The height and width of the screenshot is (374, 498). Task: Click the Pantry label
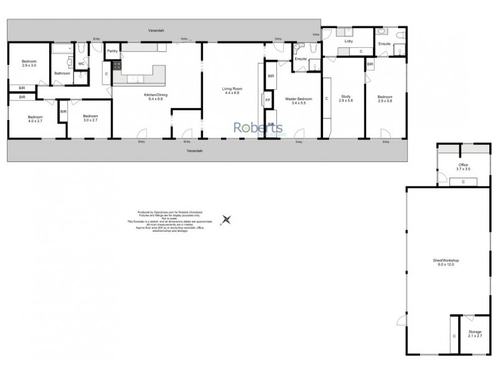coord(113,51)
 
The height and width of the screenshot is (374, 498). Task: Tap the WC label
coord(82,64)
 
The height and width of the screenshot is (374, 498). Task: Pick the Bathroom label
coord(62,74)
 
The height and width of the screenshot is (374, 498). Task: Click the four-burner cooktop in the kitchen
coord(116,65)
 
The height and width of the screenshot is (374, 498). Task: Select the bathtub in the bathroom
coord(61,48)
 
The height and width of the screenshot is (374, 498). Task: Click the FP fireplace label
coord(268,100)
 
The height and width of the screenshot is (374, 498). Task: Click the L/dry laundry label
coord(349,41)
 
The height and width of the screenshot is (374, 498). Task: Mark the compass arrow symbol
coord(227,219)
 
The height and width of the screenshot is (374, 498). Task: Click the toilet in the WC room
coord(82,49)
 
